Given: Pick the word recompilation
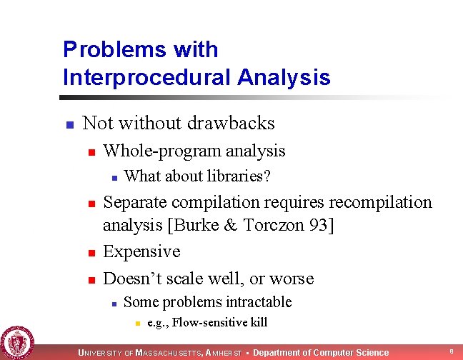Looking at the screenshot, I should click(377, 203).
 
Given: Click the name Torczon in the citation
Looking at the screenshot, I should click(283, 226).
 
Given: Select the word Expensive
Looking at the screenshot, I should click(141, 252).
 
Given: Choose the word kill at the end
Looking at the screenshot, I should click(258, 323).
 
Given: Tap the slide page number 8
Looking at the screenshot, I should click(452, 351).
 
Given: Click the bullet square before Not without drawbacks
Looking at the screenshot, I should click(69, 125).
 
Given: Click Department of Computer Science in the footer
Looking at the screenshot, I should click(321, 352).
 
